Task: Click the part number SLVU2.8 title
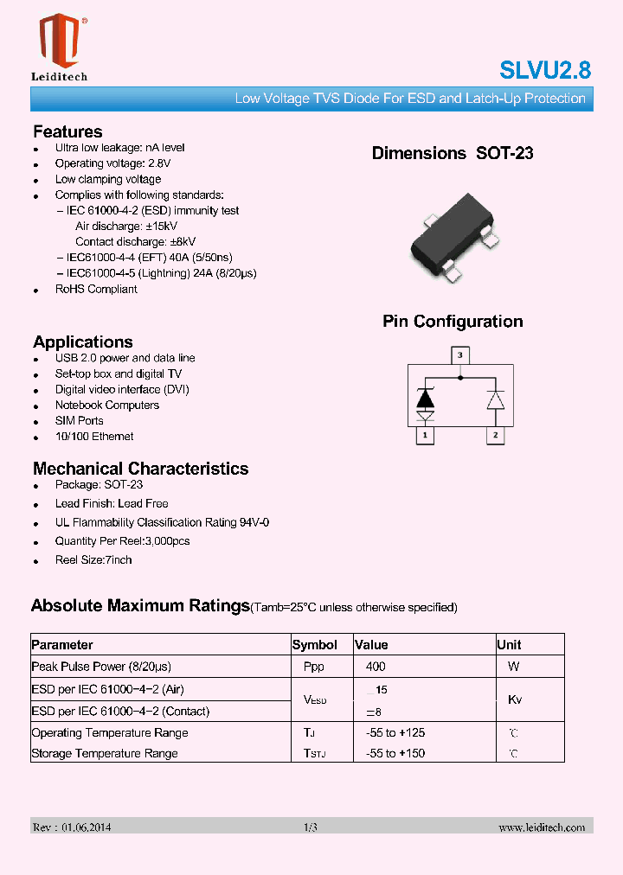click(545, 70)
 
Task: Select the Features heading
click(67, 131)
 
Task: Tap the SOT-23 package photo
click(452, 238)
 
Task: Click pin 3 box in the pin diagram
click(460, 354)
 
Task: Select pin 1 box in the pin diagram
click(425, 436)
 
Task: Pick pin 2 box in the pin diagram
click(495, 436)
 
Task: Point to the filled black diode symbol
click(425, 399)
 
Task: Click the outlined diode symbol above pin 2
click(495, 399)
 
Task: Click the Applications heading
click(83, 342)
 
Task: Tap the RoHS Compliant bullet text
click(96, 289)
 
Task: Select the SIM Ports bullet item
click(80, 420)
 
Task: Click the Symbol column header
click(315, 645)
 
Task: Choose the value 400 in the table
click(376, 667)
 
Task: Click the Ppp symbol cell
click(314, 667)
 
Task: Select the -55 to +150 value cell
click(395, 753)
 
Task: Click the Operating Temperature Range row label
click(110, 732)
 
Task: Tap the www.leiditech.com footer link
click(542, 827)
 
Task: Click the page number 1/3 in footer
click(311, 827)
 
